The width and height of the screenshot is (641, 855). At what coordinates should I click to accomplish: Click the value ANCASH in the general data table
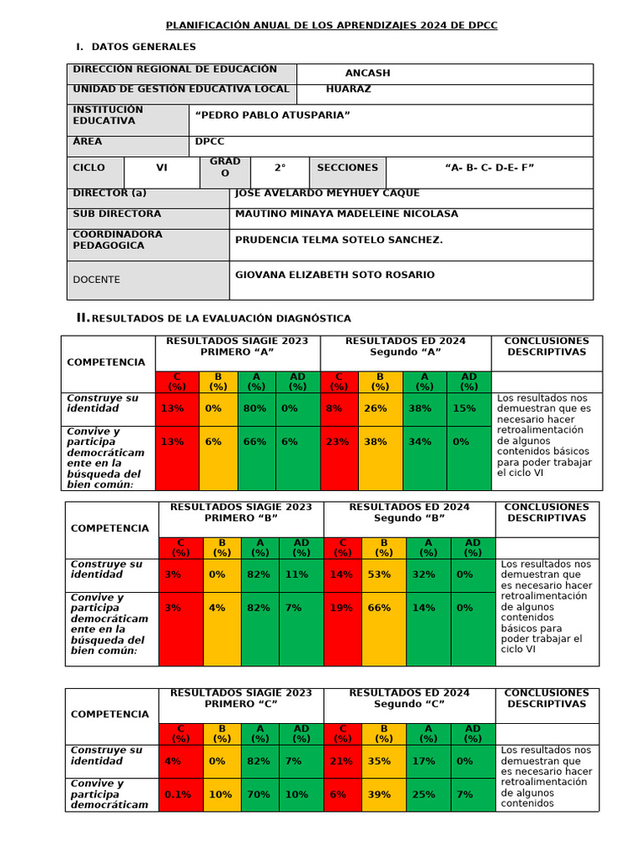point(367,73)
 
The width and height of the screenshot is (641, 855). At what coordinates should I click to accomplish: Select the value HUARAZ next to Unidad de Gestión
point(349,89)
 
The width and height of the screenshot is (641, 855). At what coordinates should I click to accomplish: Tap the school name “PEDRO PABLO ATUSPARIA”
point(272,115)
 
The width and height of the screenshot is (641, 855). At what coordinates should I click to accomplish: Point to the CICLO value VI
point(162,168)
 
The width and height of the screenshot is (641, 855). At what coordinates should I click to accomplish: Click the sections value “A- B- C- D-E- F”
point(489,168)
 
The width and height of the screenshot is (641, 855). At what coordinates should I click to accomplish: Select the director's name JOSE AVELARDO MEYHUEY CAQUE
point(327,194)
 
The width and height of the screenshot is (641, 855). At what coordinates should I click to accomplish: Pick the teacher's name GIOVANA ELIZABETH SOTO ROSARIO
point(335,275)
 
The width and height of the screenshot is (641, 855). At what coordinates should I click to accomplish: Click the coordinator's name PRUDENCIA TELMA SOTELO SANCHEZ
point(339,240)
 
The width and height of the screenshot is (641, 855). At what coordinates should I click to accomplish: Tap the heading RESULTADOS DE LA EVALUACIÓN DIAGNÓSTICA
point(220,319)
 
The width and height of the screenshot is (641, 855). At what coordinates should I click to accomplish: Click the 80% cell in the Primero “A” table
point(255,409)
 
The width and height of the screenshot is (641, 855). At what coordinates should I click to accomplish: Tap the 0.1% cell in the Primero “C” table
point(178,795)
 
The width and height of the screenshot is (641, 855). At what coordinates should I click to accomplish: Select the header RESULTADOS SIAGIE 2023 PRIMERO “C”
point(241,699)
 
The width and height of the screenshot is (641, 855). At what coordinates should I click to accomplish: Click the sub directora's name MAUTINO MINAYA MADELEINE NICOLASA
point(346,215)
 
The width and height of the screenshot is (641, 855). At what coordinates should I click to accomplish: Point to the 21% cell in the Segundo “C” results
point(341,761)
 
